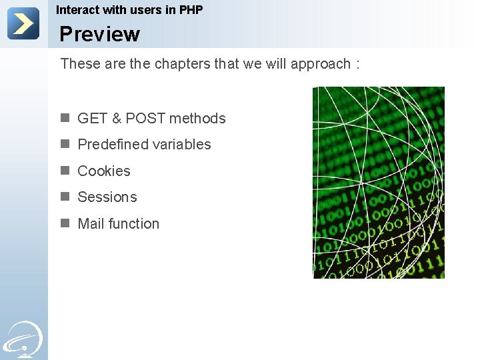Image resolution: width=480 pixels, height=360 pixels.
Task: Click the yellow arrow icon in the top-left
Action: tap(23, 23)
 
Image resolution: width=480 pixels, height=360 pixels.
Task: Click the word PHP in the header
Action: tap(191, 10)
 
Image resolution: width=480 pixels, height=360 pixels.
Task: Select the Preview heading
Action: tap(99, 34)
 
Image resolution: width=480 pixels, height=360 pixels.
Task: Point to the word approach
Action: tap(321, 64)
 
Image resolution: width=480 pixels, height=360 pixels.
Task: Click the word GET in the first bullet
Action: tap(92, 119)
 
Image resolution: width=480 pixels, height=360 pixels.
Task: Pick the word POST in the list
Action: tap(146, 119)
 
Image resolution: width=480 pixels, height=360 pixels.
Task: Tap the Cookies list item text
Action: tap(104, 171)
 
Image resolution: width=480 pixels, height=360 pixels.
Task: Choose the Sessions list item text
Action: tap(107, 197)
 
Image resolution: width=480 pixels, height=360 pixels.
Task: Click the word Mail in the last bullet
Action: tap(91, 224)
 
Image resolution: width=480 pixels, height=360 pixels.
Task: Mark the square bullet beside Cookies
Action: tap(65, 171)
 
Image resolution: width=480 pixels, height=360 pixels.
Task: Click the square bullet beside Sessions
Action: tap(65, 197)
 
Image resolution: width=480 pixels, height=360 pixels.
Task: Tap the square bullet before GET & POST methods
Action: tap(65, 118)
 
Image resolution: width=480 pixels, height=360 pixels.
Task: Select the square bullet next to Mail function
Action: tap(65, 223)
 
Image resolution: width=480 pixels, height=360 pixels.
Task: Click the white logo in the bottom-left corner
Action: tap(23, 339)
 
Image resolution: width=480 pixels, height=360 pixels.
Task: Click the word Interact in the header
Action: tap(77, 10)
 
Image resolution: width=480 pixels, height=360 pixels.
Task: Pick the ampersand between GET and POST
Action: tap(117, 119)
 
